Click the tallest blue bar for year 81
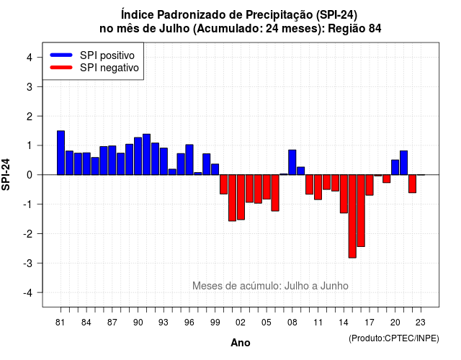(61, 153)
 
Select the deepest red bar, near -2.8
(352, 216)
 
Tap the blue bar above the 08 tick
(292, 162)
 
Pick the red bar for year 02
(241, 197)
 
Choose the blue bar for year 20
(395, 167)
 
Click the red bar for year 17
(370, 185)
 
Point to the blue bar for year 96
(189, 160)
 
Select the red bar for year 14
(344, 194)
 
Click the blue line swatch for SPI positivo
(61, 55)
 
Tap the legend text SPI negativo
(109, 68)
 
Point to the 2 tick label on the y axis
(30, 117)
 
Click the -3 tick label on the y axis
(27, 264)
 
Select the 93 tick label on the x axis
(164, 323)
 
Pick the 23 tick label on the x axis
(421, 323)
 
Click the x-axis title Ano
(241, 343)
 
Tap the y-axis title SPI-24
(6, 174)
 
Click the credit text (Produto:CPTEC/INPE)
(394, 338)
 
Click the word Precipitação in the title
(279, 14)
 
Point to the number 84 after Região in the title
(375, 29)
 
